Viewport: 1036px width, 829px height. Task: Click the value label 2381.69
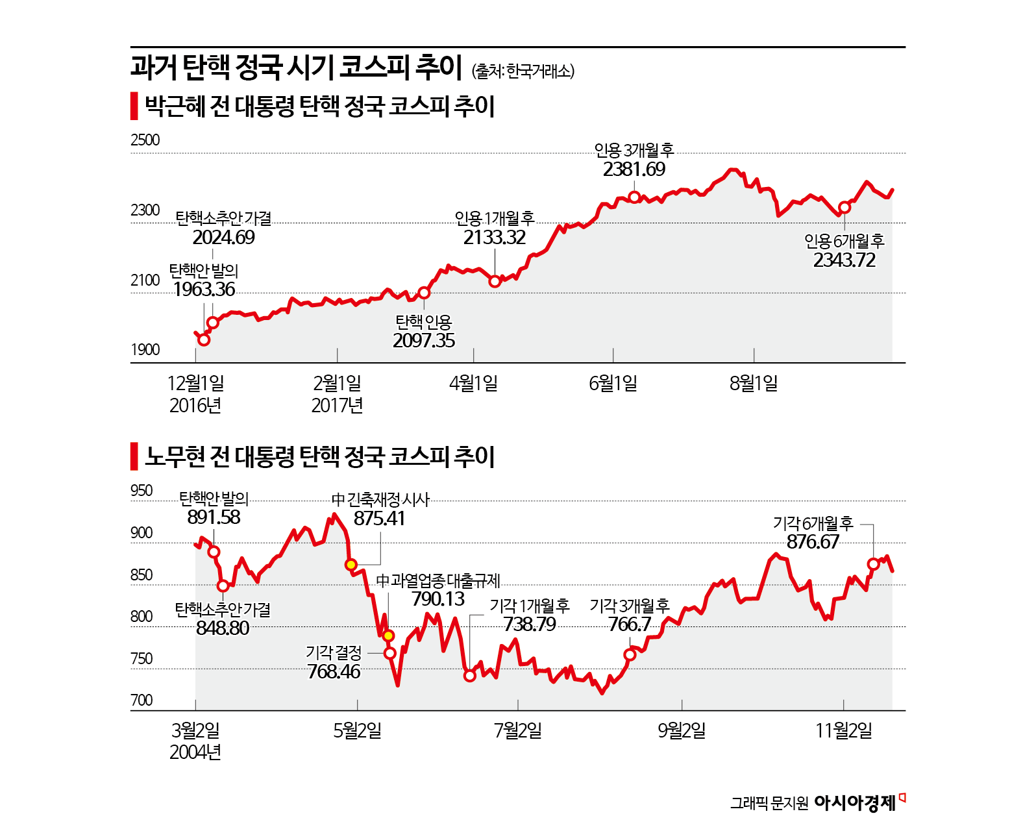pyautogui.click(x=634, y=169)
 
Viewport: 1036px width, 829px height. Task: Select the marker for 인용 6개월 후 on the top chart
pyautogui.click(x=844, y=208)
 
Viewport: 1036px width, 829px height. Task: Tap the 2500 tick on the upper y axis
pyautogui.click(x=145, y=140)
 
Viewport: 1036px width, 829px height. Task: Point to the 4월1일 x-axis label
pyautogui.click(x=473, y=384)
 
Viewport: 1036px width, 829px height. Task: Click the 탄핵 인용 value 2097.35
pyautogui.click(x=423, y=341)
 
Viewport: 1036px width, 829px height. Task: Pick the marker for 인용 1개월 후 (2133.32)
pyautogui.click(x=495, y=281)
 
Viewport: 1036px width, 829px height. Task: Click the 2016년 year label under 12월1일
pyautogui.click(x=195, y=406)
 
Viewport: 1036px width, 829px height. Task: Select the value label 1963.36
pyautogui.click(x=204, y=290)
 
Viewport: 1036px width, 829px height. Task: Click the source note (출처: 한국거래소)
pyautogui.click(x=523, y=71)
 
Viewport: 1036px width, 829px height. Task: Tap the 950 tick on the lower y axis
pyautogui.click(x=142, y=491)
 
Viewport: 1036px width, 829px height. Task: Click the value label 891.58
pyautogui.click(x=214, y=517)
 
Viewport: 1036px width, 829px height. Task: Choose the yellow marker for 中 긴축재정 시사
pyautogui.click(x=351, y=565)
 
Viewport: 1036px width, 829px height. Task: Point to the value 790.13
pyautogui.click(x=438, y=599)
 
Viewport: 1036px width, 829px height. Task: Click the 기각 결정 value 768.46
pyautogui.click(x=333, y=671)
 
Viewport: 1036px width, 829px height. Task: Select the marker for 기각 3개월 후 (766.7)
pyautogui.click(x=630, y=654)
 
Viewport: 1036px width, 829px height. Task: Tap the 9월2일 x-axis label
pyautogui.click(x=681, y=731)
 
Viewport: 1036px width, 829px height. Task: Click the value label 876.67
pyautogui.click(x=813, y=542)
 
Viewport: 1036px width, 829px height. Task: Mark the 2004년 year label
pyautogui.click(x=195, y=752)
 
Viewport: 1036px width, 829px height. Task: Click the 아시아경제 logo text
pyautogui.click(x=854, y=803)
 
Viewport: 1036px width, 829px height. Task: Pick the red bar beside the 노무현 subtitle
pyautogui.click(x=134, y=456)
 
